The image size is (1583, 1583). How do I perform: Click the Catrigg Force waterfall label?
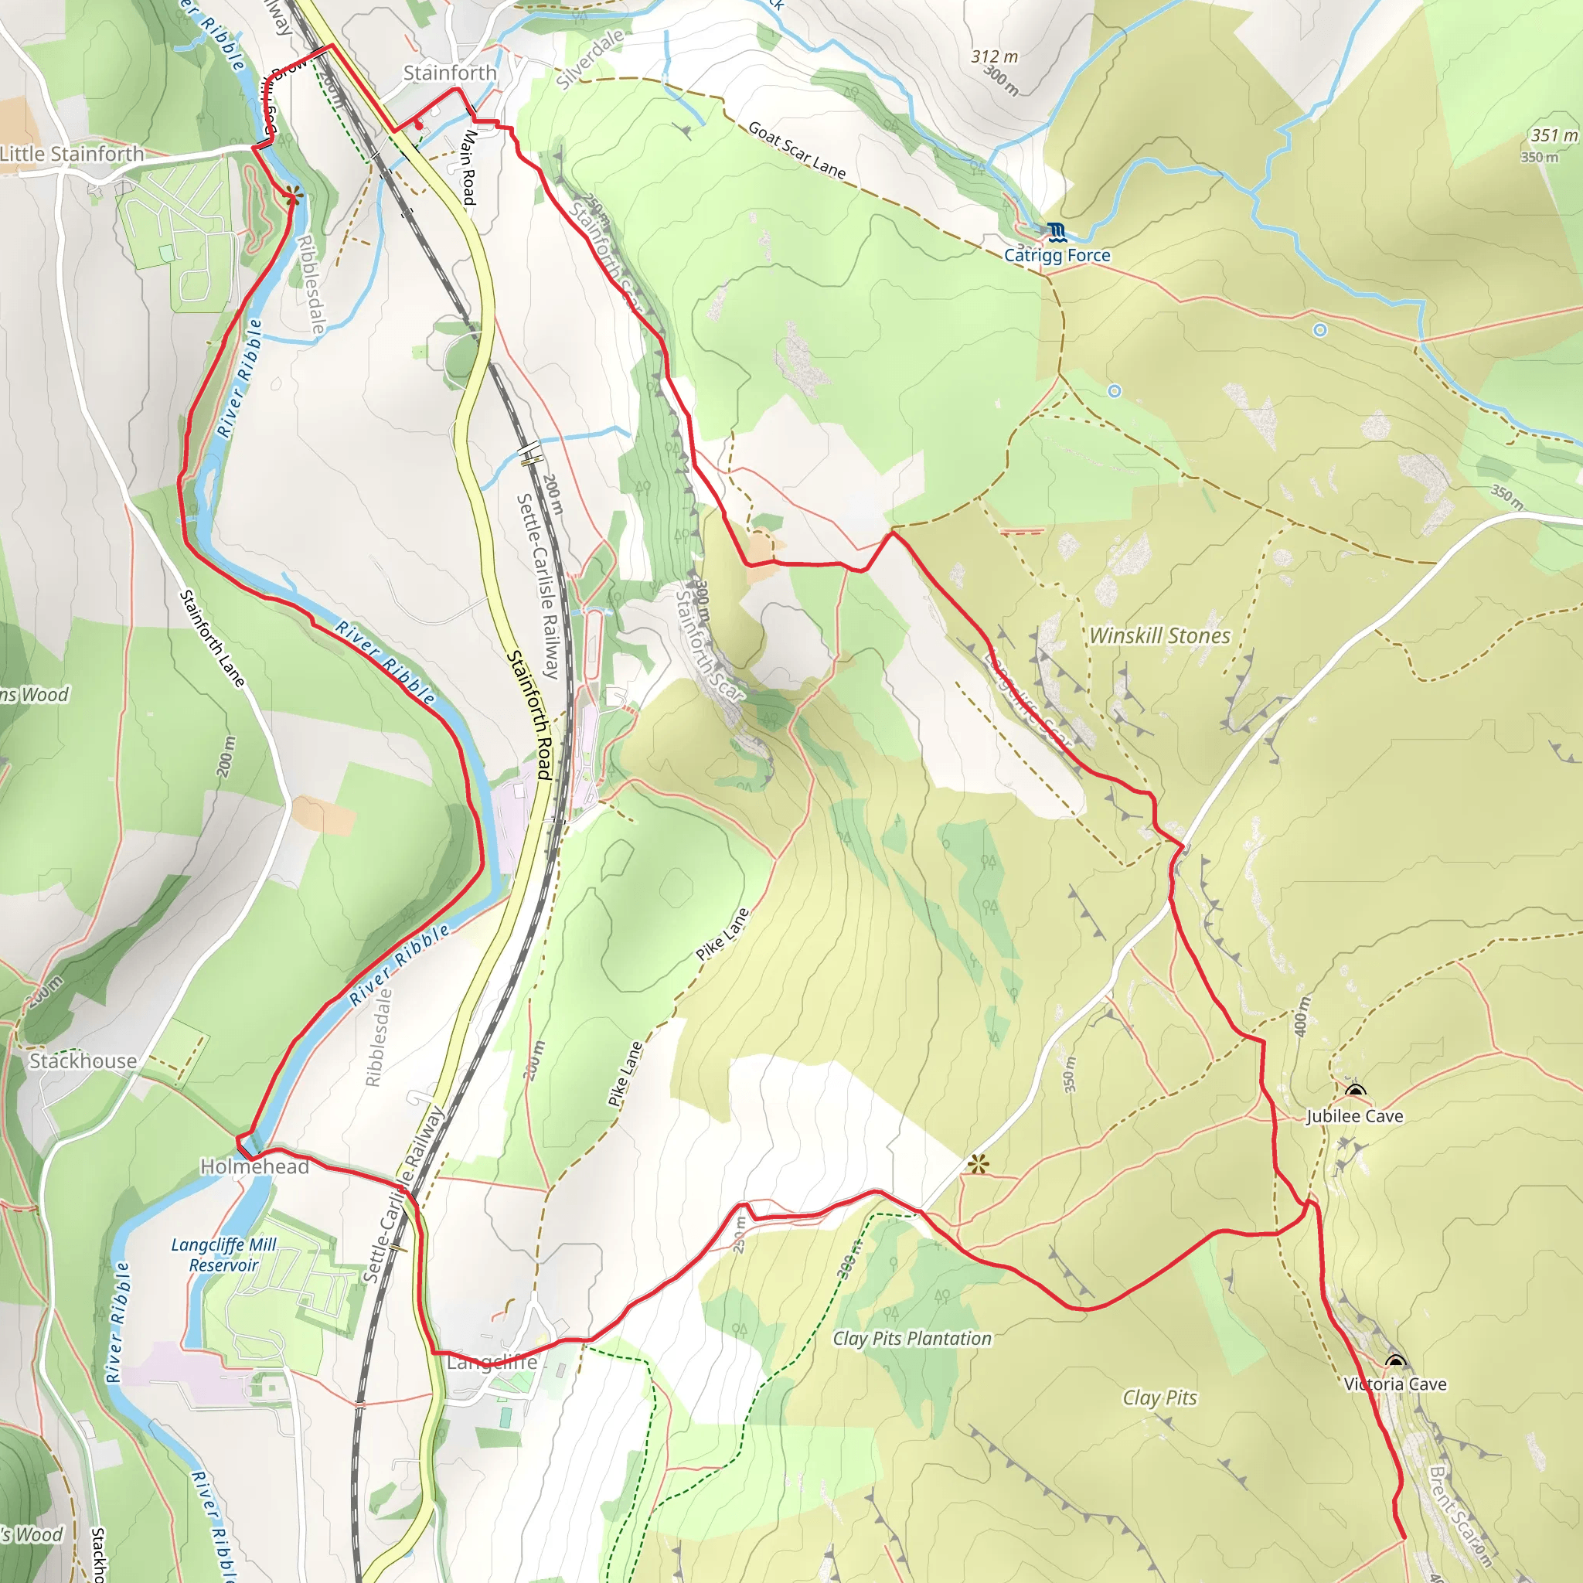(1057, 256)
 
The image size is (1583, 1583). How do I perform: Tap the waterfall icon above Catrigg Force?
(1056, 232)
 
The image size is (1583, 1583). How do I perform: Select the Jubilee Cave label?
(1354, 1116)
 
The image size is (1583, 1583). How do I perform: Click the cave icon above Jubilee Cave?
(1355, 1091)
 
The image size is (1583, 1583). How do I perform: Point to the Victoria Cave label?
(1395, 1384)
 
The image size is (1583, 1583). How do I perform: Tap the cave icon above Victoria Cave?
(1395, 1362)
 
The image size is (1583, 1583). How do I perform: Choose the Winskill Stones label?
(1159, 636)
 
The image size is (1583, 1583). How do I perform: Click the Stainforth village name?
(450, 73)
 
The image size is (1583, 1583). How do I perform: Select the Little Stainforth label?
(72, 154)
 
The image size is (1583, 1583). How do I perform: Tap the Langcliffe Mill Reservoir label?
(223, 1254)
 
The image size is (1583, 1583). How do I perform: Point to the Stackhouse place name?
(83, 1061)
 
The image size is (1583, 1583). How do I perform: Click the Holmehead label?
(255, 1166)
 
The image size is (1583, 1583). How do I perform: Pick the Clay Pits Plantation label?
(912, 1339)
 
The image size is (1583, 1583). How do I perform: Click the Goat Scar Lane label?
(796, 150)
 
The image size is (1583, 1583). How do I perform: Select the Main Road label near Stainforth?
(468, 167)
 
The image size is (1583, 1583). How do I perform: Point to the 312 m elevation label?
(995, 56)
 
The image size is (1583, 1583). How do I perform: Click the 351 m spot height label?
(1554, 135)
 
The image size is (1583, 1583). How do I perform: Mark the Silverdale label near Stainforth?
(589, 58)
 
